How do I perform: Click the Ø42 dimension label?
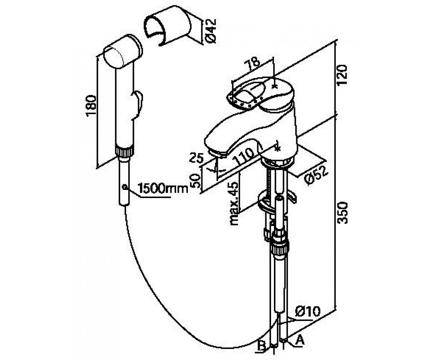211,31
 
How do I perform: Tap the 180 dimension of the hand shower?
91,106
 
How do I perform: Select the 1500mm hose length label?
163,188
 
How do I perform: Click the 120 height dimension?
342,75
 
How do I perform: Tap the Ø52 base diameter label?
316,175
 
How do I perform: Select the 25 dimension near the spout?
196,158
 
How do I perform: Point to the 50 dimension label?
196,181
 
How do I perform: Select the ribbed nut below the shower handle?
125,151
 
